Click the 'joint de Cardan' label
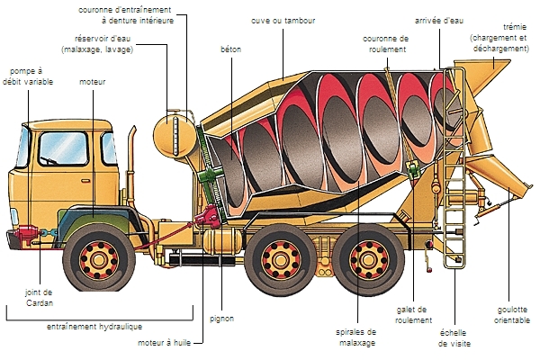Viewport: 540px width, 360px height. point(38,298)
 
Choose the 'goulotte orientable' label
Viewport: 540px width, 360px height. point(512,314)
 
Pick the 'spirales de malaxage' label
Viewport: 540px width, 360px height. point(335,337)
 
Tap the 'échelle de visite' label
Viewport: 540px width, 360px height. point(454,337)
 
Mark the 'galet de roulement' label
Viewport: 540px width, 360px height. point(411,314)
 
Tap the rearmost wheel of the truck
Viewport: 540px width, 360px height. point(372,256)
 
